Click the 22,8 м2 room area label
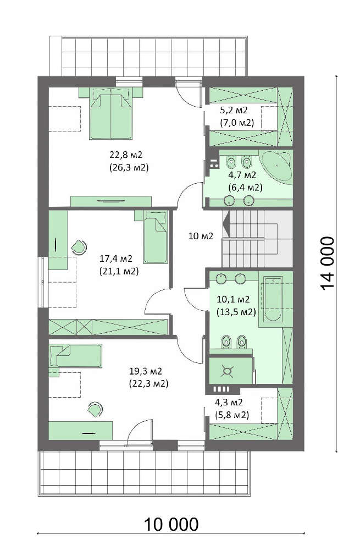click(x=126, y=155)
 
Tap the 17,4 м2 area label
click(x=116, y=259)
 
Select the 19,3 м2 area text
click(x=146, y=371)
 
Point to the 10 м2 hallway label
click(x=201, y=236)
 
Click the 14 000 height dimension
click(x=328, y=263)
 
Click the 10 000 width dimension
click(x=171, y=524)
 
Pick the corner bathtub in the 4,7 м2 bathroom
click(x=277, y=167)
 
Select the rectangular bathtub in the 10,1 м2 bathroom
click(x=273, y=299)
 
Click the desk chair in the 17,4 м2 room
click(x=79, y=248)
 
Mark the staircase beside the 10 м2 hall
click(x=257, y=239)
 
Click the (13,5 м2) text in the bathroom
click(x=236, y=312)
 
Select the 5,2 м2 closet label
click(x=234, y=110)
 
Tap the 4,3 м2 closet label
click(x=229, y=403)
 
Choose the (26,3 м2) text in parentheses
click(x=129, y=167)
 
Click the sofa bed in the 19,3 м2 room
click(x=76, y=356)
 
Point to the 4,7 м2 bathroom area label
click(x=242, y=175)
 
